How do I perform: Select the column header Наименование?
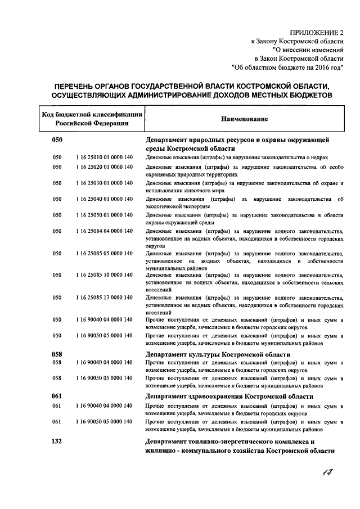[244, 119]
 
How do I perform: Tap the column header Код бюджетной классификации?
[91, 115]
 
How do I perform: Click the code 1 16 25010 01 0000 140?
[105, 157]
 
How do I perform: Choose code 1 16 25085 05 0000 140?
[105, 253]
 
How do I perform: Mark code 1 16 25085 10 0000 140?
[105, 274]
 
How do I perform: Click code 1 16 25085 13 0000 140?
[105, 297]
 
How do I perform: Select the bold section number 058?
[57, 355]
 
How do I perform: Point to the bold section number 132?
[57, 442]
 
